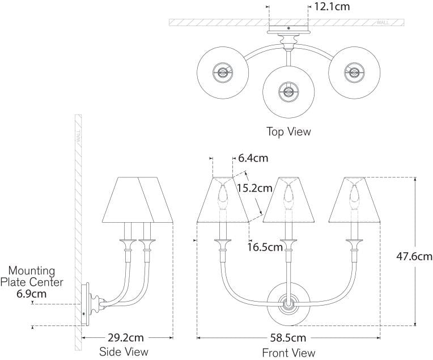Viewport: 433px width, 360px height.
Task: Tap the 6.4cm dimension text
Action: point(253,158)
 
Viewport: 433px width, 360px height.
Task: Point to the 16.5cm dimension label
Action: point(265,247)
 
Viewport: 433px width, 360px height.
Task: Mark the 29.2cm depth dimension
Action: point(127,338)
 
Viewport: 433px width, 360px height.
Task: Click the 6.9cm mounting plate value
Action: point(32,294)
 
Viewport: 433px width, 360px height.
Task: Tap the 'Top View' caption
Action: point(288,132)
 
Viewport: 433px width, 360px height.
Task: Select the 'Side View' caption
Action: point(124,351)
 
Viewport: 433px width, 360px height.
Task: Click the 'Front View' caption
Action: point(288,353)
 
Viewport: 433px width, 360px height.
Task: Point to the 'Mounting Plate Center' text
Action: point(32,276)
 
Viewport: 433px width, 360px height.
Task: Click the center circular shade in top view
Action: point(288,90)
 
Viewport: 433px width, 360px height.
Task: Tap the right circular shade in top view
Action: point(355,73)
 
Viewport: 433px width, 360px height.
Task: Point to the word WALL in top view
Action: point(383,23)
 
